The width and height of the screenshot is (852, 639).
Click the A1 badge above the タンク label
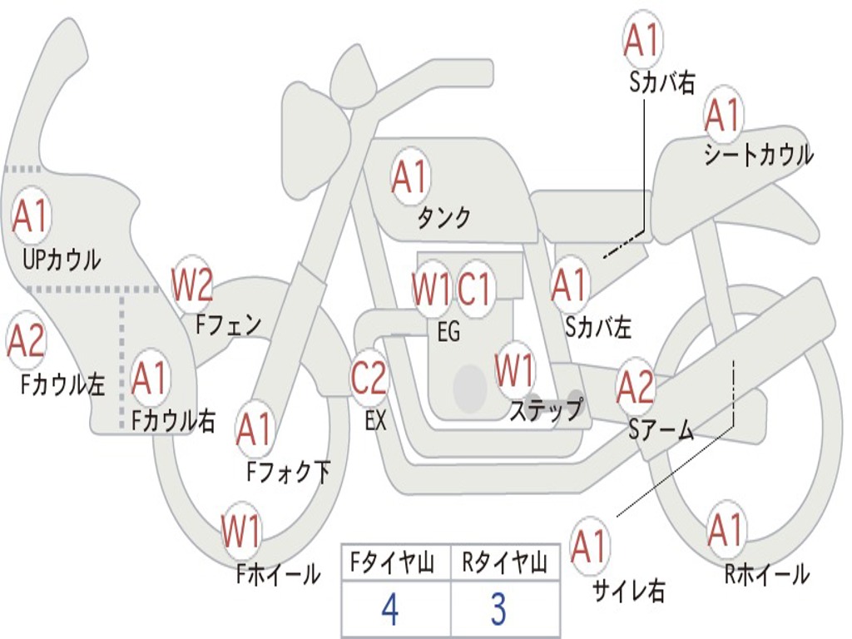click(x=409, y=176)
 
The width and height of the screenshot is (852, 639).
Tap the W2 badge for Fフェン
click(x=192, y=285)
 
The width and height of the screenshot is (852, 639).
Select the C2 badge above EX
click(x=369, y=377)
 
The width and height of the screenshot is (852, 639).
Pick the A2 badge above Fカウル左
click(x=26, y=342)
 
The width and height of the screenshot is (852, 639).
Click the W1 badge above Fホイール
click(x=241, y=531)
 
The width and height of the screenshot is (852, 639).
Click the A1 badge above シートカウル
click(x=723, y=115)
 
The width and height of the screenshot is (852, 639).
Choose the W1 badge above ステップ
click(x=515, y=370)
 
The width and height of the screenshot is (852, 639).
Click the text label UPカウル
click(x=62, y=260)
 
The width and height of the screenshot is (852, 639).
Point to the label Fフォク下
click(x=288, y=473)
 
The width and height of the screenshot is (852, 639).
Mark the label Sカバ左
click(x=598, y=328)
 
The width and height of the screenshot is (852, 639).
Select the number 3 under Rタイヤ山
click(x=498, y=610)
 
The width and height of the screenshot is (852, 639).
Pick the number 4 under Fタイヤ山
click(x=389, y=610)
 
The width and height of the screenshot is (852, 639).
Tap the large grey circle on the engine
click(x=469, y=388)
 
